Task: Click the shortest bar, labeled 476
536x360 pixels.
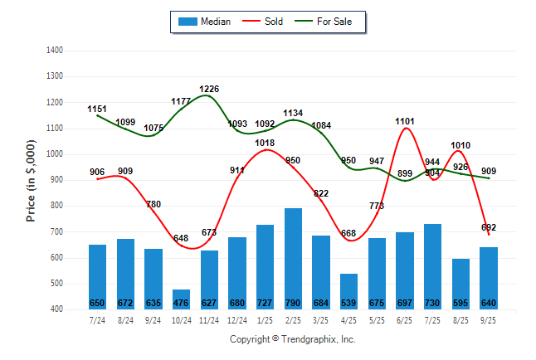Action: [182, 299]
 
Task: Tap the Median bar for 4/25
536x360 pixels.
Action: [348, 291]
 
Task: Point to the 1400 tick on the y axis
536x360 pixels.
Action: [56, 51]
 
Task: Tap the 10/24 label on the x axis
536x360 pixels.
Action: [182, 320]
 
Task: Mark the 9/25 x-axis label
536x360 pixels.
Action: [488, 320]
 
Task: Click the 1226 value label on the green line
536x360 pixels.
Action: [210, 89]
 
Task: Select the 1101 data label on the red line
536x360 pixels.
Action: [405, 122]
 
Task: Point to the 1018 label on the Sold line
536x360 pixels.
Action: [266, 143]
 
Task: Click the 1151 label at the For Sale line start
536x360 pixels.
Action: [98, 109]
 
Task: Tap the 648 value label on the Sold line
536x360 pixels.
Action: [182, 238]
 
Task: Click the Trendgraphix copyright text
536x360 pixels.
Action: [292, 339]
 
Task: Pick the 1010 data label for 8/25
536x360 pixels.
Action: [460, 145]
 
